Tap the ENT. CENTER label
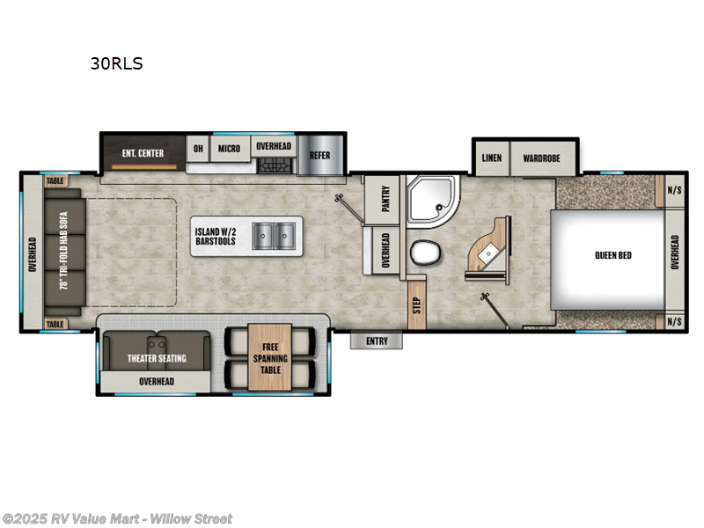[x=143, y=153]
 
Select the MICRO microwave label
[x=229, y=149]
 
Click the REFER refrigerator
[x=319, y=156]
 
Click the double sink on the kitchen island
[x=273, y=235]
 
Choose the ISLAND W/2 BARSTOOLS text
[x=216, y=236]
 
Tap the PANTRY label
[x=385, y=201]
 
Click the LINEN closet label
[x=492, y=158]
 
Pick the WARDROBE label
[x=542, y=158]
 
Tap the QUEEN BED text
[x=612, y=256]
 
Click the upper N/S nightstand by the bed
[x=674, y=190]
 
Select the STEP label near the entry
[x=415, y=305]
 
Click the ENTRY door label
[x=377, y=340]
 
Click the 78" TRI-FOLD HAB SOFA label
[x=63, y=256]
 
